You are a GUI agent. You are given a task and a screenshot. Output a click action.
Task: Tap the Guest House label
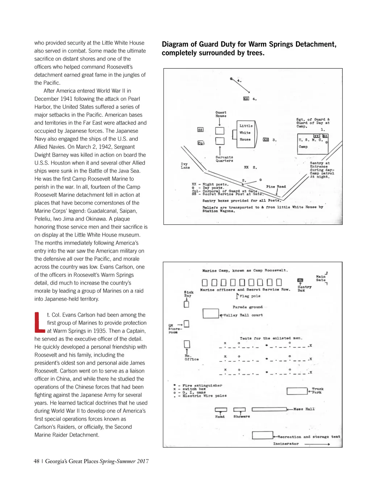click(221, 114)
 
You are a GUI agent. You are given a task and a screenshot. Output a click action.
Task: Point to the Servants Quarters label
click(224, 159)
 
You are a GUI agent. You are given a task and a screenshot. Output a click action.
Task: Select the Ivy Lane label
click(185, 166)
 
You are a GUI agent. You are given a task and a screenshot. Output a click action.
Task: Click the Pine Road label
click(276, 187)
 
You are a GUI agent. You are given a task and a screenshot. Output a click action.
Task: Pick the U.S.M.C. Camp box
click(312, 144)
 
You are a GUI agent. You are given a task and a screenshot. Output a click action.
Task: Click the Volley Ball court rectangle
click(210, 313)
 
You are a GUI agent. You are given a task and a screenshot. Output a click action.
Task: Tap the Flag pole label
click(250, 296)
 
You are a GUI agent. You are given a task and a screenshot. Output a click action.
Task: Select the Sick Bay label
click(188, 294)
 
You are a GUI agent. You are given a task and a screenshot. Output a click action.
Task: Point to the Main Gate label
click(321, 278)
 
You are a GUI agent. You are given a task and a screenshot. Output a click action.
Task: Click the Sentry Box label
click(304, 288)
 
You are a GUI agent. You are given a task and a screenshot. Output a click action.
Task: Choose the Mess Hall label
click(304, 409)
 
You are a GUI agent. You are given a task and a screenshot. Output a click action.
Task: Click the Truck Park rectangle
click(297, 391)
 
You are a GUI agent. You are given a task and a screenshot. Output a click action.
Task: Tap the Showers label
click(241, 417)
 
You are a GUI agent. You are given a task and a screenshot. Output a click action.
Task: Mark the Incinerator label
click(286, 444)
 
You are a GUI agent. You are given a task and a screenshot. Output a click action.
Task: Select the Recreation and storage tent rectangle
click(262, 435)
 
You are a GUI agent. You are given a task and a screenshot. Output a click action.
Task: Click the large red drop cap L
click(39, 322)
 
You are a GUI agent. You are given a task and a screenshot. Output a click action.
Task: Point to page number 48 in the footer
click(37, 461)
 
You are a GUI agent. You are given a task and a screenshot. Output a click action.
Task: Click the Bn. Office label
click(191, 358)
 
